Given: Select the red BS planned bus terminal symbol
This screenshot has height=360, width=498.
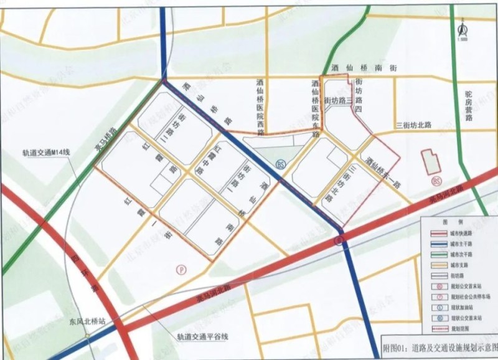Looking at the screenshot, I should click(x=436, y=181).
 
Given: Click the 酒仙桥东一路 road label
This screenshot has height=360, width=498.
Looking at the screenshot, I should click(x=384, y=171).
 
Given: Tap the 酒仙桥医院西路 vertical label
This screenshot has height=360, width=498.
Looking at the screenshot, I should click(x=261, y=107).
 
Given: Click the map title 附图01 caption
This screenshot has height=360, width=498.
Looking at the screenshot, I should click(x=439, y=346).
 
